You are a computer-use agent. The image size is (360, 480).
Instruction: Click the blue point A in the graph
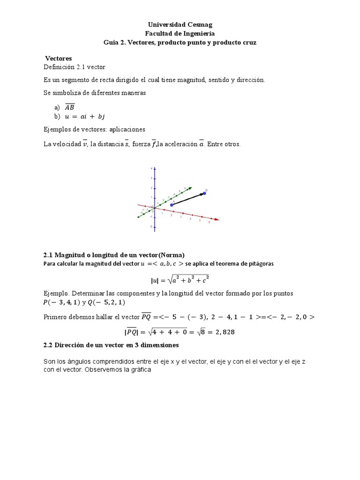(172, 205)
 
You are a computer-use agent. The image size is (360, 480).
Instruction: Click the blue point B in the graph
(204, 193)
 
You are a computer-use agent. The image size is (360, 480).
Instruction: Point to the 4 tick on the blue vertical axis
(151, 168)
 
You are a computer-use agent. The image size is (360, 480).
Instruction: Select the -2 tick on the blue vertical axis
(151, 226)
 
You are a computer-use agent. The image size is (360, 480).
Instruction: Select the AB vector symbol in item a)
(69, 107)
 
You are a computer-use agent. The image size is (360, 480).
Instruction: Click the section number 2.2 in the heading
(48, 345)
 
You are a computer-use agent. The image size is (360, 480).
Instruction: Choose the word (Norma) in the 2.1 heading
(172, 255)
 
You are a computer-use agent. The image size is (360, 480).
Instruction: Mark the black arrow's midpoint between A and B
(188, 199)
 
